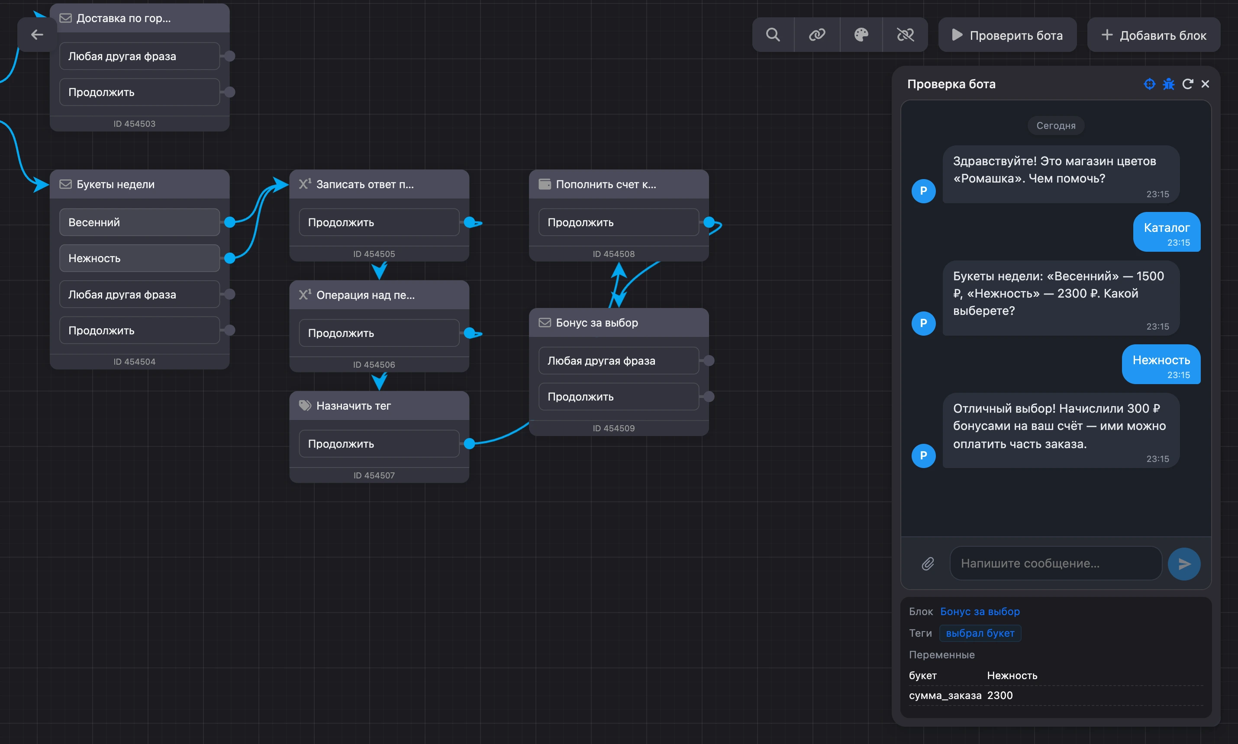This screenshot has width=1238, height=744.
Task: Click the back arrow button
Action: coord(37,35)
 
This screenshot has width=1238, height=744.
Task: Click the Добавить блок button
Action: coord(1153,35)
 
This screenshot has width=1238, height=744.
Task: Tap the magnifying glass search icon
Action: coord(773,35)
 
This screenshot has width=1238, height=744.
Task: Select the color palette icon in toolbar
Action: coord(861,35)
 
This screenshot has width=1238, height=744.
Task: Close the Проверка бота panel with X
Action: coord(1205,84)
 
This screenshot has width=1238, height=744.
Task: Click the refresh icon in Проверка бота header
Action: coord(1187,84)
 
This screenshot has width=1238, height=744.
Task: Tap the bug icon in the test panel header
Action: coord(1168,84)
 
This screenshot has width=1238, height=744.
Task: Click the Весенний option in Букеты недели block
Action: coord(139,222)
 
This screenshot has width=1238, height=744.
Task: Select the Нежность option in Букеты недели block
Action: coord(139,258)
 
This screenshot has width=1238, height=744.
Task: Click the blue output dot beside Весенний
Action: coord(230,222)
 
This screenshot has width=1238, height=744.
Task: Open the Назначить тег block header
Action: coord(379,406)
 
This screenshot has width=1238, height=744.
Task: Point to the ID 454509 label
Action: coord(613,428)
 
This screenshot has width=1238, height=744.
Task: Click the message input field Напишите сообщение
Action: coord(1055,564)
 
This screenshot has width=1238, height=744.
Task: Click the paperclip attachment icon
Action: coord(928,564)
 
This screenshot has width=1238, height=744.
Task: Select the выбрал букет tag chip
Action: coord(980,633)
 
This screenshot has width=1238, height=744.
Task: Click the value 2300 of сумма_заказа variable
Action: coord(1000,696)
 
